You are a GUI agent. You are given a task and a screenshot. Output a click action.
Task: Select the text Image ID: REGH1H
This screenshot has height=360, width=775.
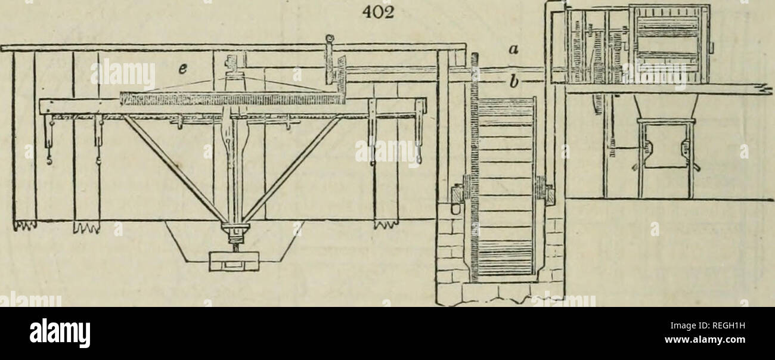(x=708, y=325)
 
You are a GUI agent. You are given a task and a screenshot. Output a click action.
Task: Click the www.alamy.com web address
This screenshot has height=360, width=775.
(x=708, y=340)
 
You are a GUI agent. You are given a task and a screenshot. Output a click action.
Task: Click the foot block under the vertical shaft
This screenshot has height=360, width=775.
(x=234, y=262)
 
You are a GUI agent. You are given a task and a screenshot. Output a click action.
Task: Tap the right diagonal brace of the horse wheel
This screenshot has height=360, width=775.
(x=292, y=169)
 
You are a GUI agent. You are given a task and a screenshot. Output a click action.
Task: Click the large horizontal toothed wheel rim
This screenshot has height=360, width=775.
(x=232, y=99)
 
